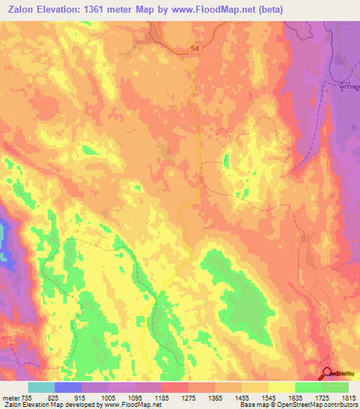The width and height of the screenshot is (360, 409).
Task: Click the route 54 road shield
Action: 195,48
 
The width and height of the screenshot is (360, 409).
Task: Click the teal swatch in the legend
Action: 41,387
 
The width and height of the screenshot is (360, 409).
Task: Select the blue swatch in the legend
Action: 68,387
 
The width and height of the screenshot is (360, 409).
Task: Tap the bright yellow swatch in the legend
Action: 282,387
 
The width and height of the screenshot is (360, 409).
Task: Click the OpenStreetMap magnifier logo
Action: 328,375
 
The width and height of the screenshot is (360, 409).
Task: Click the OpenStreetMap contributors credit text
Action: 316,405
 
